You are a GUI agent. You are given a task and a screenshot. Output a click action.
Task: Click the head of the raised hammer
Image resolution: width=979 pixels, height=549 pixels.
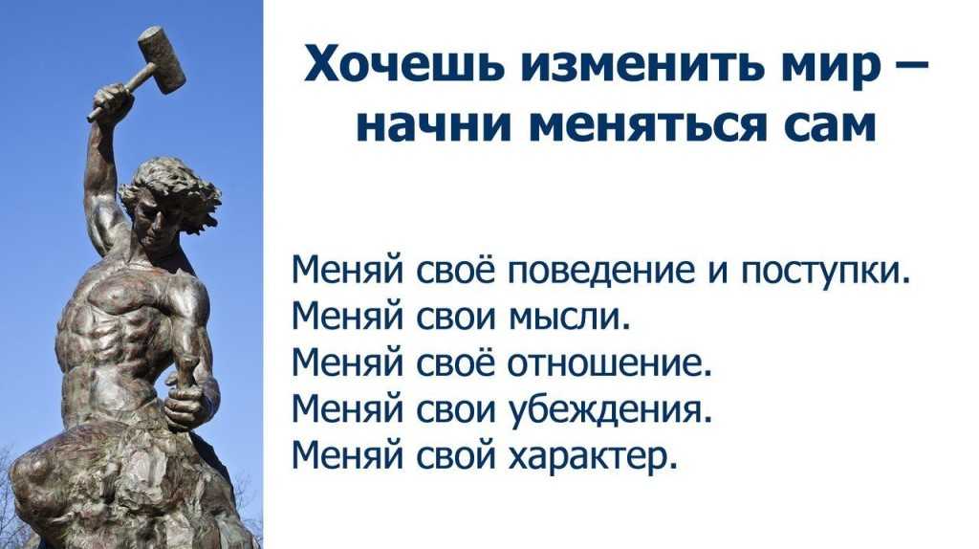coord(161,59)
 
